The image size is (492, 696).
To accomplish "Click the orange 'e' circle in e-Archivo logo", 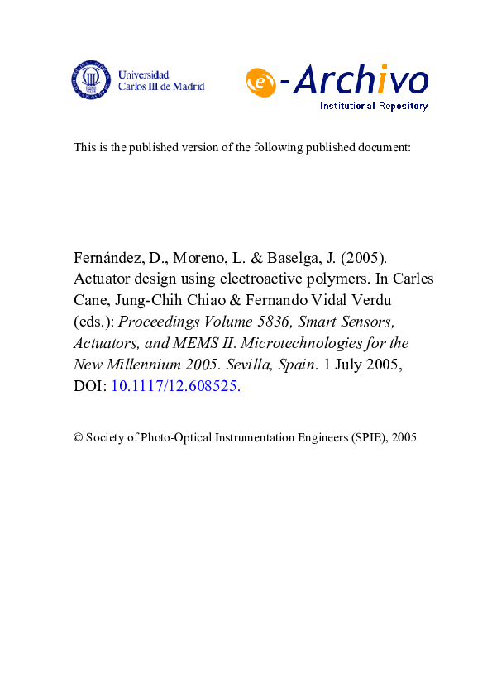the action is pos(260,82).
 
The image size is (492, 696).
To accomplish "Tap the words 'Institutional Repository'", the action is pos(374,106).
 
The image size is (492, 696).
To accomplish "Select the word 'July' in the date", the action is pos(341,364).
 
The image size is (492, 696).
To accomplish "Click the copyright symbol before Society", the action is pos(79,437).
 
